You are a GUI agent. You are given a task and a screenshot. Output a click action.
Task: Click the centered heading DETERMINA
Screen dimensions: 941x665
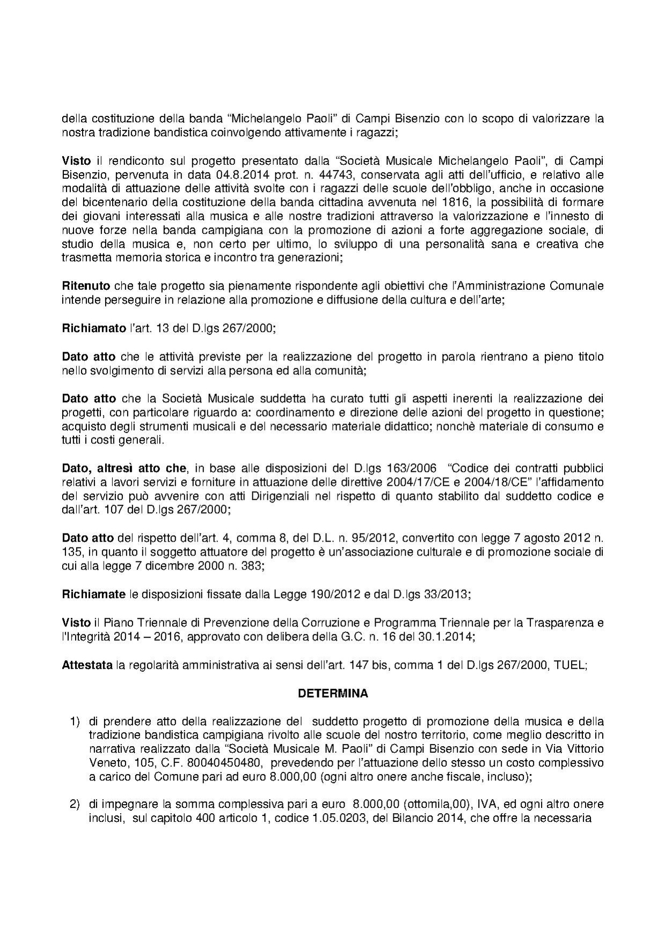[333, 693]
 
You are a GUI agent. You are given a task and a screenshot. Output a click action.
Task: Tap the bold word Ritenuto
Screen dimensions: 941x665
[86, 286]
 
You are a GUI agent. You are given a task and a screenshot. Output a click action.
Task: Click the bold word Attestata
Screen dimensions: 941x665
[87, 665]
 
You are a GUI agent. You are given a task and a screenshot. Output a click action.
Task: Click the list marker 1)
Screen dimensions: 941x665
[75, 721]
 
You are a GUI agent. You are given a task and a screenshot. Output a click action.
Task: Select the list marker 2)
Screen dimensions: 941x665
[75, 805]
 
